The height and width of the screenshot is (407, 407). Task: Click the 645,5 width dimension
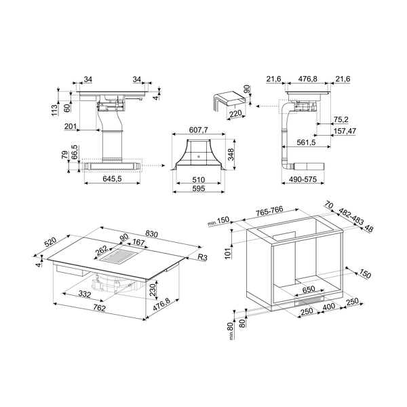(104, 179)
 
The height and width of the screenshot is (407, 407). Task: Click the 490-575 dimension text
(301, 179)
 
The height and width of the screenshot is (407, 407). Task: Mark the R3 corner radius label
(202, 258)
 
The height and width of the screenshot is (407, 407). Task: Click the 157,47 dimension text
(345, 131)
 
